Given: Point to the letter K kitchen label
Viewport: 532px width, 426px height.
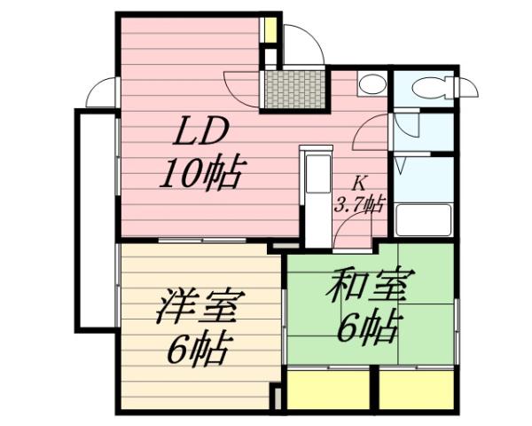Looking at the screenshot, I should [x=359, y=184].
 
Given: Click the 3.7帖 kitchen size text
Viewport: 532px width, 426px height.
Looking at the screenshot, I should [x=358, y=203].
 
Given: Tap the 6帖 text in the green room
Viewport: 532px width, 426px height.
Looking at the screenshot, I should [x=365, y=329].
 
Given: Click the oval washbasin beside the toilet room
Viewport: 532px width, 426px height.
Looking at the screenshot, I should [x=372, y=85].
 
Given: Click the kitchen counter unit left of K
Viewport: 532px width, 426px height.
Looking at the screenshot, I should [x=316, y=191].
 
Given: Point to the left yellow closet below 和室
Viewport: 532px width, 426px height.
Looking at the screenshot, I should [x=329, y=390].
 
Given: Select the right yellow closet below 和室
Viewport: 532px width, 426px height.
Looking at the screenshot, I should [x=417, y=390].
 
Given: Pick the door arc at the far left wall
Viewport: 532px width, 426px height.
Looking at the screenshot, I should [x=103, y=92].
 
